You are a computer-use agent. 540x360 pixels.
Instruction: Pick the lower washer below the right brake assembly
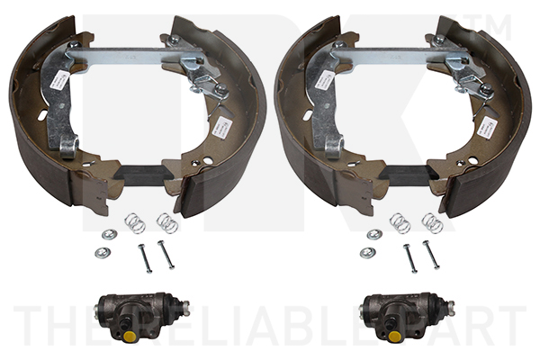366,253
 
